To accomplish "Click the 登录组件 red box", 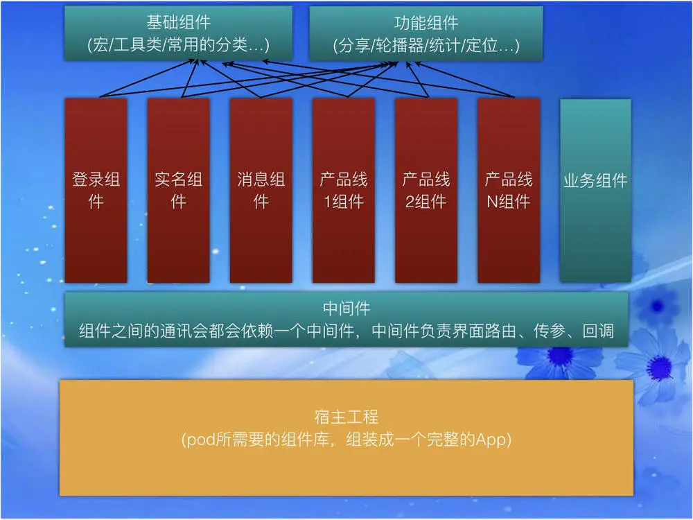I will point(96,191).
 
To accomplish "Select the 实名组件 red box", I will point(178,191).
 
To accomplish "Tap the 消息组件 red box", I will point(261,191).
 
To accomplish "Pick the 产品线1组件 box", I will point(343,191).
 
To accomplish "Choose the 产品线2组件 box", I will point(426,191).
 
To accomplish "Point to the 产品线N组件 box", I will point(508,191).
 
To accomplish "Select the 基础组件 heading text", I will point(178,24).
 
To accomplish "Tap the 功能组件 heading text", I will point(426,24).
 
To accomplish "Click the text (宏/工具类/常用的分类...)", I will point(178,46).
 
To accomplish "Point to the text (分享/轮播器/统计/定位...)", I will point(426,46).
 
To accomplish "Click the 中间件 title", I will point(346,308).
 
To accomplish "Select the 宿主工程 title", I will point(346,417).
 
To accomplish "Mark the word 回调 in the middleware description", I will point(597,331).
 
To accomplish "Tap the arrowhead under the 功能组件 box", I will point(396,64).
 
